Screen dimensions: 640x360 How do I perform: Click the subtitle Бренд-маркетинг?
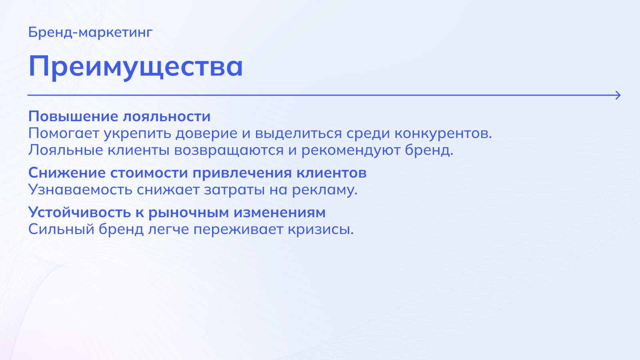coord(90,32)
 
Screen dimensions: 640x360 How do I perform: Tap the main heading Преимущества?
coord(136,67)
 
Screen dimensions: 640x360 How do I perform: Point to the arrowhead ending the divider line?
coord(618,95)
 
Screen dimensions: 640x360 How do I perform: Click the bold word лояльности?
coord(167,116)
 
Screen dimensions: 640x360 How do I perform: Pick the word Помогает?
coord(64,134)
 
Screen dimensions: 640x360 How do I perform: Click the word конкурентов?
coord(443,134)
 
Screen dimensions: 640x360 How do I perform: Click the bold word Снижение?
coord(67,173)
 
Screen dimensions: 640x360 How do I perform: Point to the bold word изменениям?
coord(280,213)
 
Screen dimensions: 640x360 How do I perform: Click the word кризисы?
coord(321,230)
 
